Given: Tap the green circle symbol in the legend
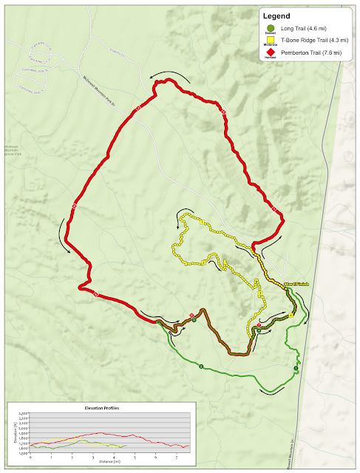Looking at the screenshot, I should coord(271,27).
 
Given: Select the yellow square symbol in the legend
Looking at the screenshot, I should coord(271,42).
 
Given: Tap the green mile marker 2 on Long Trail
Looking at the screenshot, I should coord(200,367).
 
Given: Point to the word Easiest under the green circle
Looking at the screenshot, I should coord(271,34).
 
